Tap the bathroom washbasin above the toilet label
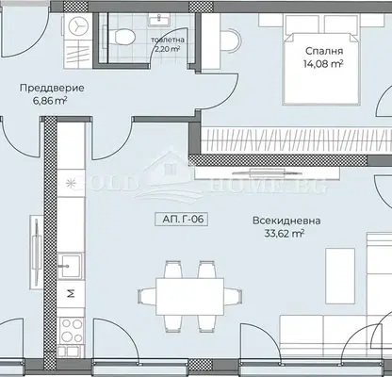(x=159, y=20)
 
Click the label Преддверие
(x=52, y=88)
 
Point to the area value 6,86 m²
(x=52, y=101)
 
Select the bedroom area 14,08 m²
(x=323, y=64)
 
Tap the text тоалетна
(x=168, y=41)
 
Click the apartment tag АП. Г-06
(x=182, y=220)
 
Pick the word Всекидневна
(x=286, y=221)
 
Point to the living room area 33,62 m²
(x=284, y=234)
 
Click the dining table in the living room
(x=190, y=296)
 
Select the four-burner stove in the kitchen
(x=72, y=331)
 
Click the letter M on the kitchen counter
(x=72, y=293)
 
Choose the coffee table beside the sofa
(x=340, y=276)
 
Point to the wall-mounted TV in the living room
(x=267, y=172)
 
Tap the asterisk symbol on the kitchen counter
(x=71, y=183)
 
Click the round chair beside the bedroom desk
(x=231, y=40)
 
